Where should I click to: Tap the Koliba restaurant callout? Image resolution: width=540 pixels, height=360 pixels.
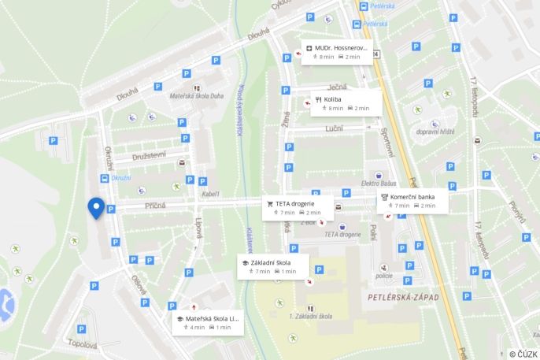point(345,102)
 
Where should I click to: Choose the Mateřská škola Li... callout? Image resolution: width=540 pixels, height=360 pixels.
point(207,322)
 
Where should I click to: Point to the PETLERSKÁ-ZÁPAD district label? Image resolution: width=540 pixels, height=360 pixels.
point(402,297)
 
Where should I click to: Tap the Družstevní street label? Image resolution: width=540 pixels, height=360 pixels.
point(148,155)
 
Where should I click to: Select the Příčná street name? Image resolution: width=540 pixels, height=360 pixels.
point(154,206)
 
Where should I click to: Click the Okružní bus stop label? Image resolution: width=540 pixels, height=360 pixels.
point(121,178)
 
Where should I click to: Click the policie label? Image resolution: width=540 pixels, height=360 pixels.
point(383,276)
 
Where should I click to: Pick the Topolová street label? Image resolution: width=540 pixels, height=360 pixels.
point(82,344)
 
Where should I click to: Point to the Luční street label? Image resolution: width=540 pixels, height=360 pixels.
point(335,127)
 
